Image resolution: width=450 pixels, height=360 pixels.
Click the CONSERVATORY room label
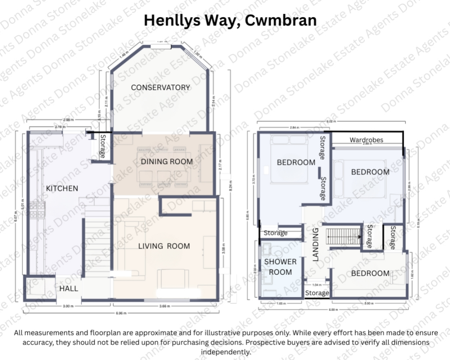160,87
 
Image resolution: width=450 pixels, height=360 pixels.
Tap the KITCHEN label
62,188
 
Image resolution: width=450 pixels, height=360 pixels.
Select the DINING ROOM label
167,162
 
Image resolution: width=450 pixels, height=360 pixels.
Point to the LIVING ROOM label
164,246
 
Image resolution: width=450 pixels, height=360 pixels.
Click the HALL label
69,288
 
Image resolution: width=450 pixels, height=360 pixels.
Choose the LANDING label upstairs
315,245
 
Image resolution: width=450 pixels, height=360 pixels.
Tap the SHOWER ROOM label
280,267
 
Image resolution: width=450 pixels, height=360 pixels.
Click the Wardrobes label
366,140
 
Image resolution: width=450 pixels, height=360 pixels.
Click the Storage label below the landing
317,293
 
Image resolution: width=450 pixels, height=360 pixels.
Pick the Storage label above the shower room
275,233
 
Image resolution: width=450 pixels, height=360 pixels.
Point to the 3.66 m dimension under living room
163,306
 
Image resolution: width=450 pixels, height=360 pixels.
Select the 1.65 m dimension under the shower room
280,303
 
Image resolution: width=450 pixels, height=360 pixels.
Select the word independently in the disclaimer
225,352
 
